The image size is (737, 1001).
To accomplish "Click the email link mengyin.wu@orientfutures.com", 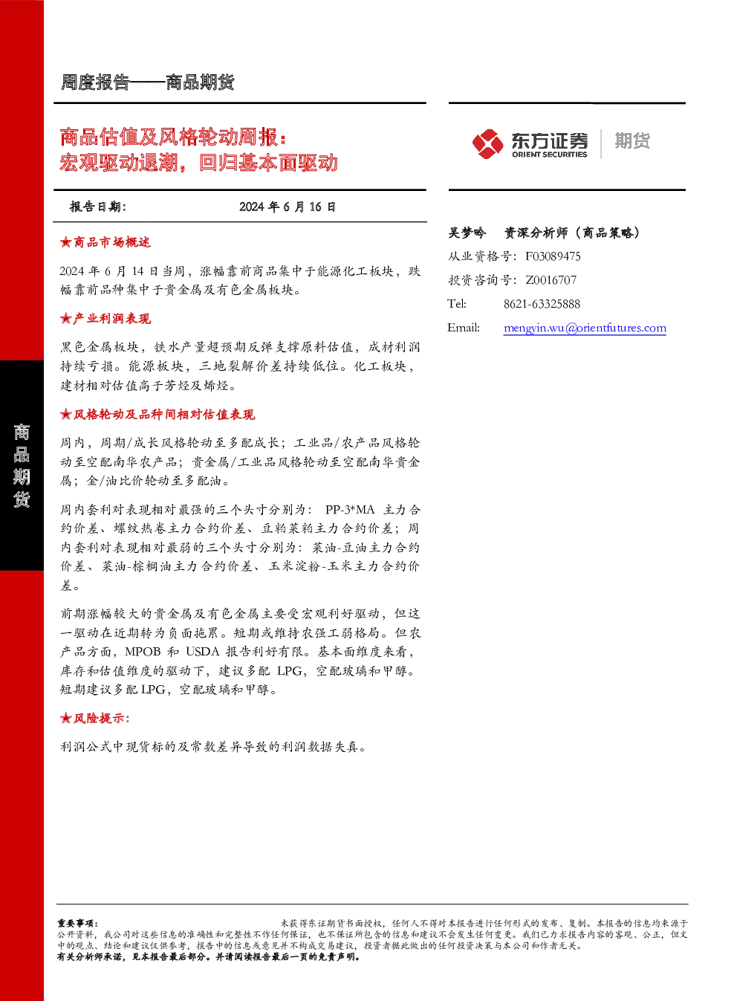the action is click(x=585, y=328).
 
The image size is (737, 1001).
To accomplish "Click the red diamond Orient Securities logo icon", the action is click(x=487, y=144).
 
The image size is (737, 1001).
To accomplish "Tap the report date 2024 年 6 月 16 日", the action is click(x=288, y=207).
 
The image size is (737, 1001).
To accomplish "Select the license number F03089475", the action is click(x=553, y=256).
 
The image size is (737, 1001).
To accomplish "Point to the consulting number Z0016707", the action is click(x=551, y=280).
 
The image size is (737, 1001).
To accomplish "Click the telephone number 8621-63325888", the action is click(x=542, y=305).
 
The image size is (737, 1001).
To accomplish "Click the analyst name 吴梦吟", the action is click(x=467, y=233).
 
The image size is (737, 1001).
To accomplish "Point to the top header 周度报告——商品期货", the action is click(x=148, y=82).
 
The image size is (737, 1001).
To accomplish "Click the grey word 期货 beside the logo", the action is click(x=632, y=140).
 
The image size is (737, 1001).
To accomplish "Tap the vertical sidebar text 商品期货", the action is click(x=22, y=465).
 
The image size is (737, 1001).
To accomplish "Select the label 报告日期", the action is click(x=98, y=207).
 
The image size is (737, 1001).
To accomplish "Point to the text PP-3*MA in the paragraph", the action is click(x=350, y=510).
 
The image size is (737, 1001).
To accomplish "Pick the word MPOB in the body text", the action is click(x=143, y=652).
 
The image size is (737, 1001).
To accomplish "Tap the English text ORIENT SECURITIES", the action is click(x=549, y=155).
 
